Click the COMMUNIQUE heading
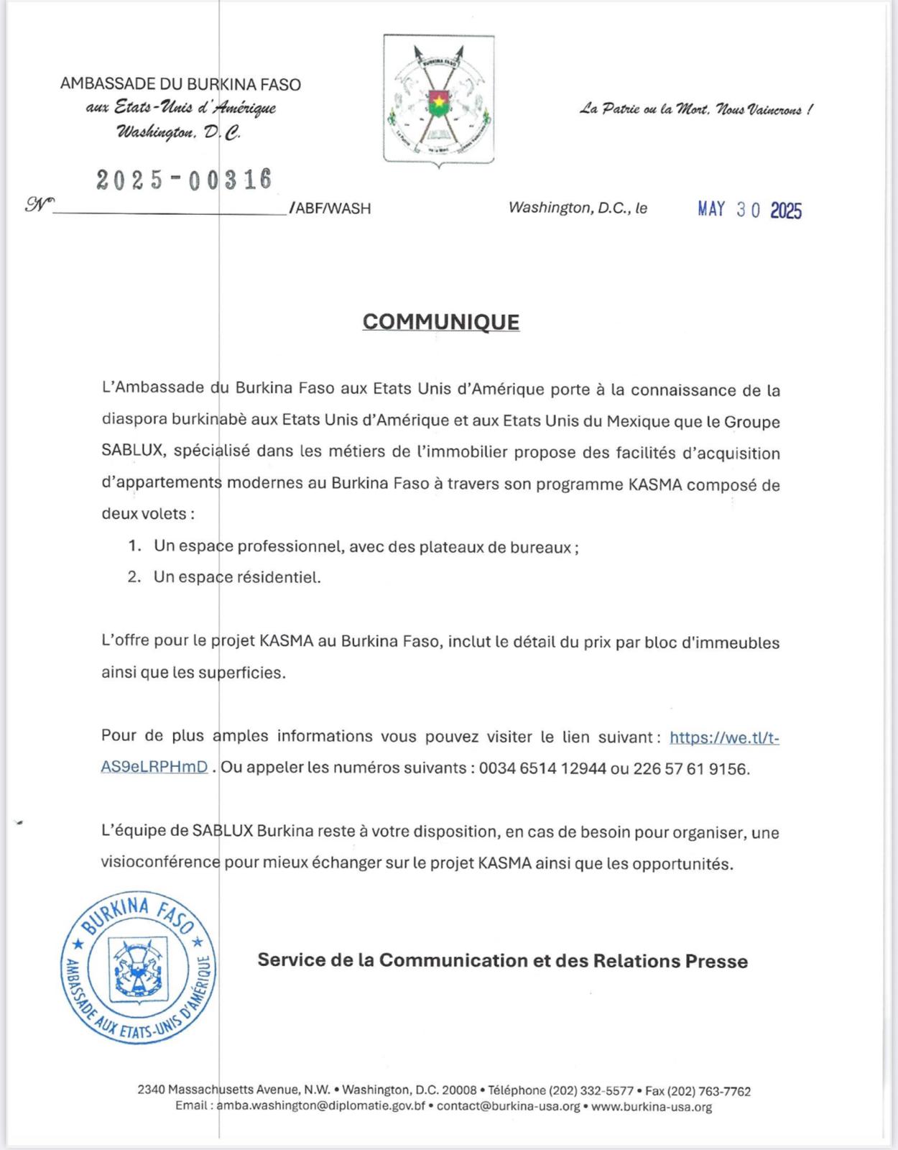click(x=440, y=321)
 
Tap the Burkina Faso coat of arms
click(x=439, y=100)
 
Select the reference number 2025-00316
click(x=185, y=179)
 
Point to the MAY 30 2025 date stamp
click(x=749, y=210)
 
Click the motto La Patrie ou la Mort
click(x=696, y=110)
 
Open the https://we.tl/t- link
click(x=724, y=737)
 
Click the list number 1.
click(x=134, y=546)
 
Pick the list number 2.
click(x=134, y=577)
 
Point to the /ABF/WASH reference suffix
click(x=330, y=209)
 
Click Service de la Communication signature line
click(x=502, y=961)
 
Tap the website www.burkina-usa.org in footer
click(x=652, y=1107)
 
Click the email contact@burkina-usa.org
click(x=508, y=1107)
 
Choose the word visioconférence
click(x=160, y=863)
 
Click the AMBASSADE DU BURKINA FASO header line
click(x=180, y=84)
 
